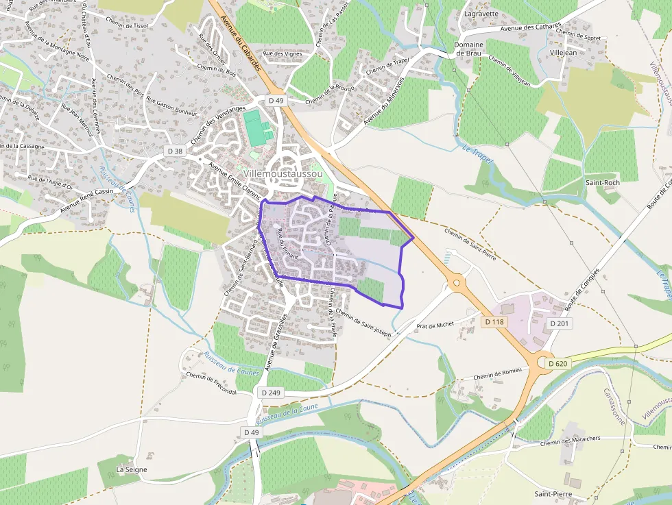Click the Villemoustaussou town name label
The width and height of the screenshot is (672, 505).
(292, 174)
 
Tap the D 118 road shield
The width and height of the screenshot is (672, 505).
(494, 321)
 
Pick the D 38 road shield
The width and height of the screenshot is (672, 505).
(176, 151)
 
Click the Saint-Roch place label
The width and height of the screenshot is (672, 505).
(602, 183)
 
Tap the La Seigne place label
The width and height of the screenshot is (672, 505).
(132, 469)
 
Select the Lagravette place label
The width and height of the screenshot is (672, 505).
(481, 13)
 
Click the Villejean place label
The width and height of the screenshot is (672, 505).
(564, 52)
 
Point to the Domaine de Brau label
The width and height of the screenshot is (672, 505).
(469, 49)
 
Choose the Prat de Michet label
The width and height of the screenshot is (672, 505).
(435, 324)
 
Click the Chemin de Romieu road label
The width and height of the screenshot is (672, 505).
(497, 373)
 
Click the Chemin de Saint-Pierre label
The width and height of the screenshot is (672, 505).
(470, 244)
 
